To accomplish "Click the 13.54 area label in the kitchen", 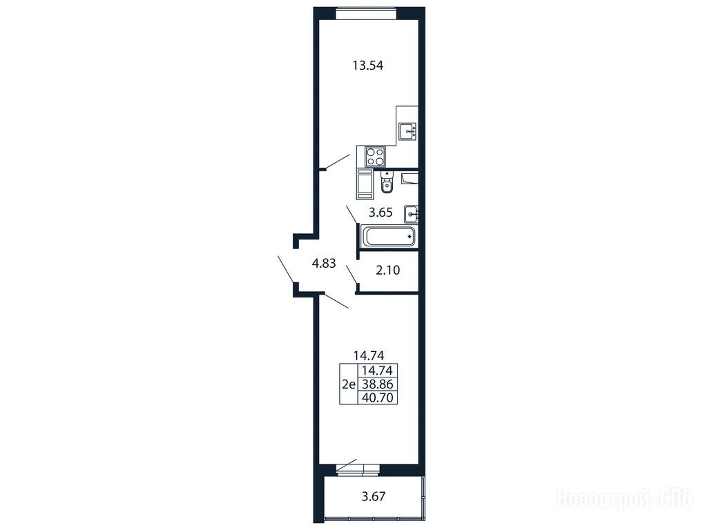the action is pyautogui.click(x=367, y=66).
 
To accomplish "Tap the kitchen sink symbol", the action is pyautogui.click(x=407, y=131).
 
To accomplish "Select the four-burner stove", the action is pyautogui.click(x=375, y=157).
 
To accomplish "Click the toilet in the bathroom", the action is pyautogui.click(x=387, y=182).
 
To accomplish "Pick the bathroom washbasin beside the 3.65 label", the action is pyautogui.click(x=411, y=214).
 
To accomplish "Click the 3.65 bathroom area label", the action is pyautogui.click(x=381, y=213).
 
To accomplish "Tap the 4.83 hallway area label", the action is pyautogui.click(x=324, y=264).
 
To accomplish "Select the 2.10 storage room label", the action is pyautogui.click(x=388, y=271).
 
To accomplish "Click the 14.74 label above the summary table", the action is pyautogui.click(x=369, y=355).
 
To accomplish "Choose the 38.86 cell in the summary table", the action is pyautogui.click(x=377, y=384).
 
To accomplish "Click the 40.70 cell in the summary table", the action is pyautogui.click(x=377, y=397).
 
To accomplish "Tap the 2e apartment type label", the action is pyautogui.click(x=349, y=384).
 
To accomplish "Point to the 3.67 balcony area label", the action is pyautogui.click(x=374, y=496).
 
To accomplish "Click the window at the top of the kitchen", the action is pyautogui.click(x=366, y=12).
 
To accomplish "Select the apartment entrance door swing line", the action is pyautogui.click(x=287, y=269).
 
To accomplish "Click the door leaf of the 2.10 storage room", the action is pyautogui.click(x=352, y=274).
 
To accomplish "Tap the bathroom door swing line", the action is pyautogui.click(x=352, y=215).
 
